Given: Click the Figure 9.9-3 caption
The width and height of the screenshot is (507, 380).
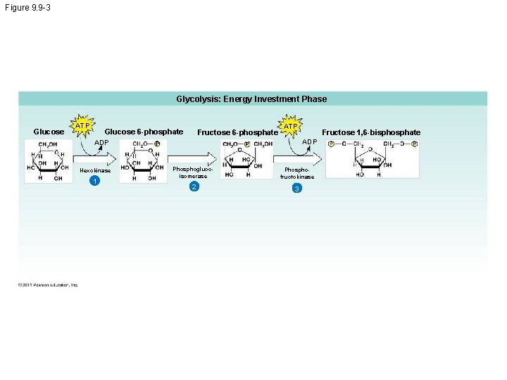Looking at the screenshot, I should pos(27,7).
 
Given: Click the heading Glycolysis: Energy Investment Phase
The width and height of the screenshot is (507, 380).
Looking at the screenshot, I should pos(251,99).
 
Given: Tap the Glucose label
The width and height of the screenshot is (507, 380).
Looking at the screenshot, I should pos(49,132).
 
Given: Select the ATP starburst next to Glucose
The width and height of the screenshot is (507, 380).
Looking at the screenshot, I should pos(83,126).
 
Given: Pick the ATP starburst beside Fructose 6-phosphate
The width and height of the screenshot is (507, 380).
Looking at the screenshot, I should pos(290,127).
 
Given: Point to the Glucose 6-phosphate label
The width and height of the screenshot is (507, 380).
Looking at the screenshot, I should pos(144,132).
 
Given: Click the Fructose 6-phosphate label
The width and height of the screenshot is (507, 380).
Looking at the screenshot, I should pos(237,132).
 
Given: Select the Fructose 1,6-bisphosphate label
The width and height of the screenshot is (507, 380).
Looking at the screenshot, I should pos(371,132).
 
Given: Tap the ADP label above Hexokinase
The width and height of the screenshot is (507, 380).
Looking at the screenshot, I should pos(102,142).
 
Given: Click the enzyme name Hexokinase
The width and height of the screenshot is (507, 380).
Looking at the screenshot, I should pos(95,170).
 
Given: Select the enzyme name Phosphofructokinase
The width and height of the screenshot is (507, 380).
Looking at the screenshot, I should pos(297,173).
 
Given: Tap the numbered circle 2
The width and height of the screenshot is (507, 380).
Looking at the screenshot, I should pos(194,186).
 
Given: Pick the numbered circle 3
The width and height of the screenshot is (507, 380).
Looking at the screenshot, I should pos(297,189).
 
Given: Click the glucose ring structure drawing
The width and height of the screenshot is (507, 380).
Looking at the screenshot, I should pos(48,161).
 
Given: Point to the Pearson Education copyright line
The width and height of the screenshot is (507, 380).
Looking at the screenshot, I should pos(49,284).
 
